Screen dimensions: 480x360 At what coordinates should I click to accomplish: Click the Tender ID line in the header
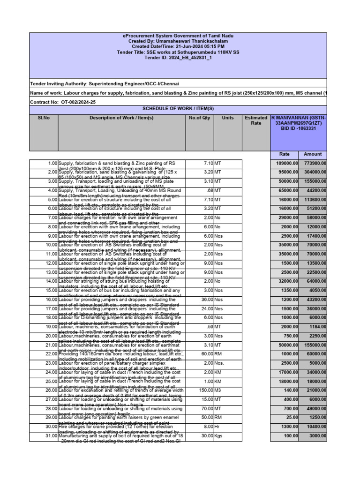(178, 58)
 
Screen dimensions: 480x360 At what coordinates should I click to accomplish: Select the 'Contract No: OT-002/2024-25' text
(63, 102)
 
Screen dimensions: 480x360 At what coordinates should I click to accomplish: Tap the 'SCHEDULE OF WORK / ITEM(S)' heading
(178, 109)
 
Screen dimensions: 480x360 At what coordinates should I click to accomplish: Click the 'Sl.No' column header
(44, 118)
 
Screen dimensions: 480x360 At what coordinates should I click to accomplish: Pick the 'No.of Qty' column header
(200, 118)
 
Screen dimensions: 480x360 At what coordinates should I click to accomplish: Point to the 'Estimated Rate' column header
(256, 120)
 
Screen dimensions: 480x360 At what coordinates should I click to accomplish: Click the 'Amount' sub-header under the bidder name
(313, 154)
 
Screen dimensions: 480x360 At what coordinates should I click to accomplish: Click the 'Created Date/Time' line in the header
(178, 47)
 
